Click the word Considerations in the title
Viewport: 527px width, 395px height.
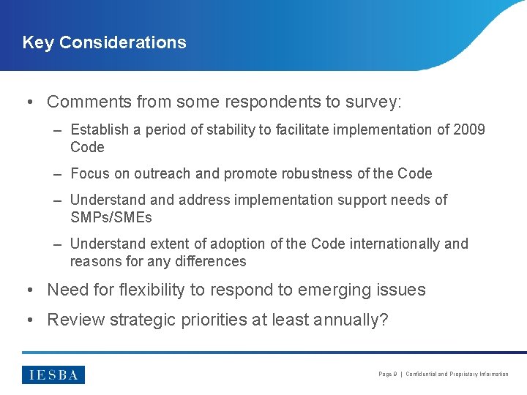pos(122,42)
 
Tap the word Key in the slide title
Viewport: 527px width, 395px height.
pos(39,42)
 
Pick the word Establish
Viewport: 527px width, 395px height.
pos(97,129)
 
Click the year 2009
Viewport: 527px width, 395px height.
pos(469,129)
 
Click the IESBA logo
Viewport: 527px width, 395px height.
pos(53,375)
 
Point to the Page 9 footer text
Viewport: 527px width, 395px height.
pos(387,375)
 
